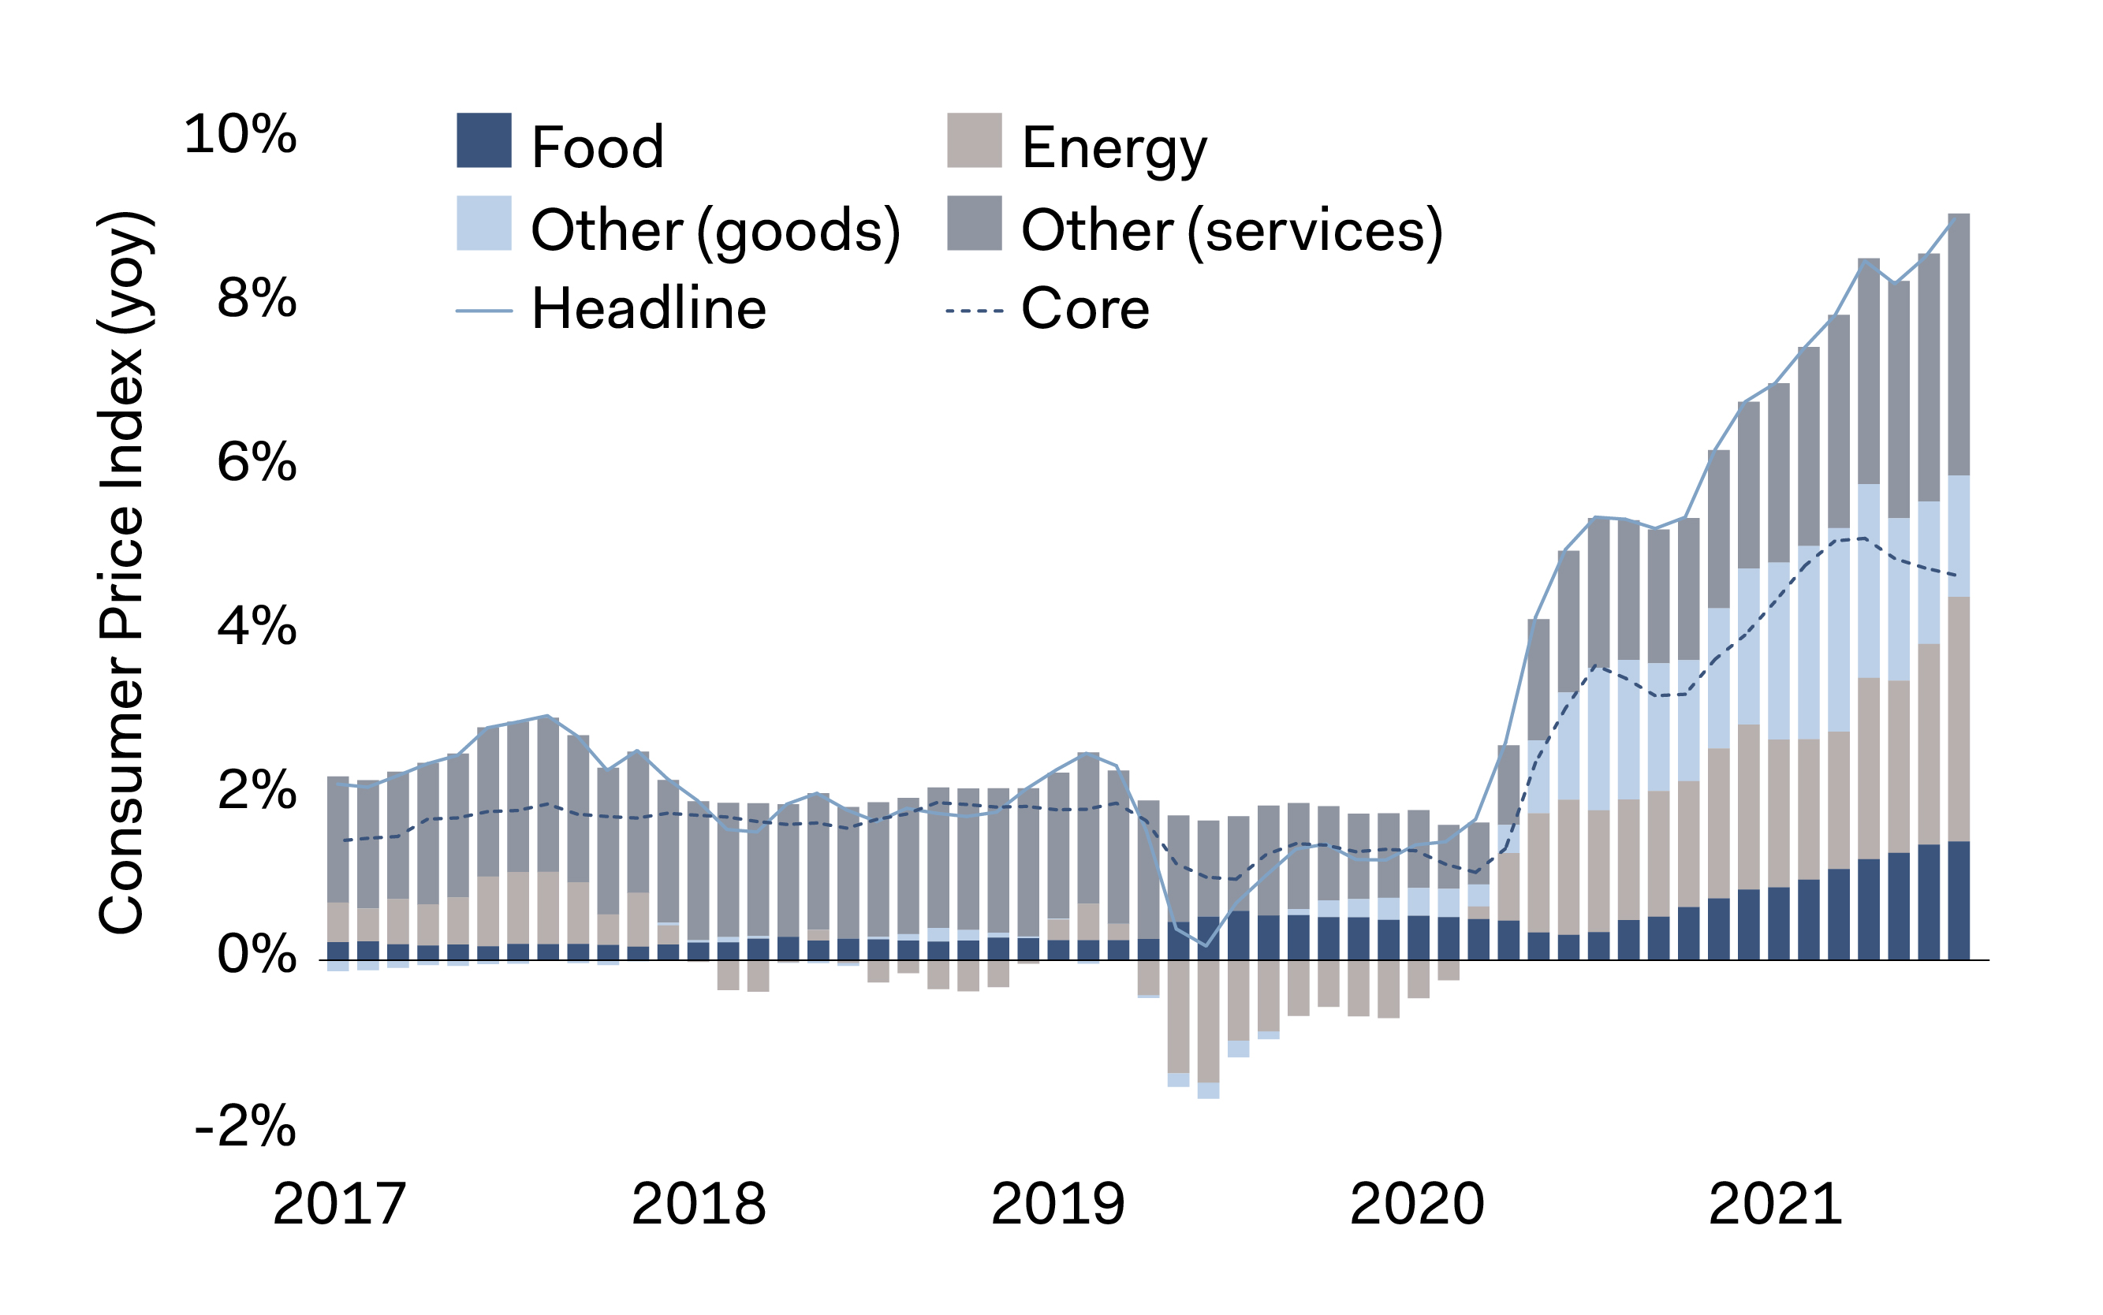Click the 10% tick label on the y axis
click(240, 135)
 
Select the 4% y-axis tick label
click(256, 626)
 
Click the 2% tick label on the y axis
click(256, 791)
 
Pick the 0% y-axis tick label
click(256, 954)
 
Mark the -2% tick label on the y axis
click(245, 1127)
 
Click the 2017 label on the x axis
click(339, 1205)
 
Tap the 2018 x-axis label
click(699, 1205)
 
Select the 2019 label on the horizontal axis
click(1057, 1205)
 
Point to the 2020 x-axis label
click(1417, 1205)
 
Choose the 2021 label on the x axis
click(1775, 1205)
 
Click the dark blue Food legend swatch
click(483, 140)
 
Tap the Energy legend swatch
click(974, 140)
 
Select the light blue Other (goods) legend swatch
click(483, 224)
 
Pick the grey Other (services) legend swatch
click(974, 224)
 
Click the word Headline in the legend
click(649, 309)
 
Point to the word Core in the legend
click(1084, 309)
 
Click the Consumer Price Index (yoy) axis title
click(121, 574)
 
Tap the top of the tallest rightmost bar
click(1959, 214)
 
